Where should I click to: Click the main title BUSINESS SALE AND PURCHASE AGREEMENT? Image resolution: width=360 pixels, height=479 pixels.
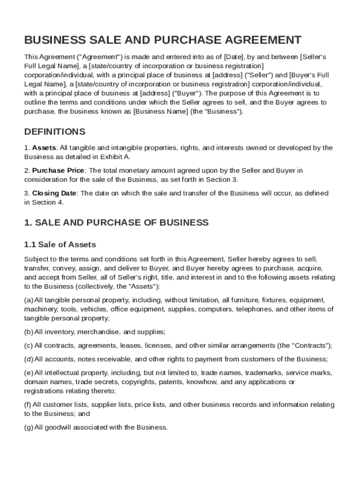pos(163,40)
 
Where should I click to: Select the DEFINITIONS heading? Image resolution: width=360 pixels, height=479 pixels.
pos(55,131)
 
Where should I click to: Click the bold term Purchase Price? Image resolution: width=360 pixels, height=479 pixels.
pos(58,171)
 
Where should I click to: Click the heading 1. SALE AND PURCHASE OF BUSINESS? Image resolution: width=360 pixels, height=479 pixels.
pos(116,222)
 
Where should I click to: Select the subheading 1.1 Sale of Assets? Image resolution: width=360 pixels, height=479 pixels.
pos(60,244)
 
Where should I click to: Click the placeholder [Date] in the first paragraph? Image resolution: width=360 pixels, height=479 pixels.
pos(234,57)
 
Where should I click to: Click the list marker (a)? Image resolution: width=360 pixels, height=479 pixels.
pos(29,300)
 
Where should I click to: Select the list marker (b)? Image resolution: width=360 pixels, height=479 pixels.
pos(29,332)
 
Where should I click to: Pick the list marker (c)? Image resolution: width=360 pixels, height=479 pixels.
pos(29,346)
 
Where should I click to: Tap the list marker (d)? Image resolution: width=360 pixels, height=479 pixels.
pos(29,359)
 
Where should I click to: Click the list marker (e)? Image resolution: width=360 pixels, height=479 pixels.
pos(29,373)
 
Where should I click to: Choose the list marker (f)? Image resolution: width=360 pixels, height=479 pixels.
pos(28,405)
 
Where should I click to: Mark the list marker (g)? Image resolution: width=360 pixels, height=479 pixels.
pos(29,427)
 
